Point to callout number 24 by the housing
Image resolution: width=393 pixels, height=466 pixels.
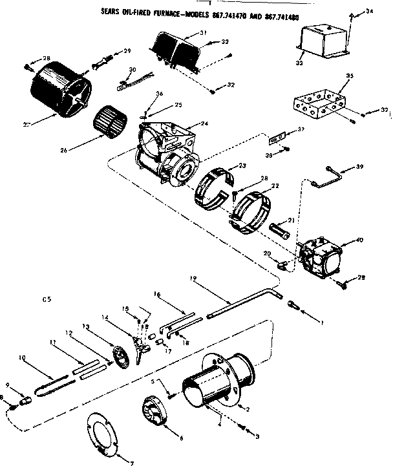204,123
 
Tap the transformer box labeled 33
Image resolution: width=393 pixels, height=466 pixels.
321,38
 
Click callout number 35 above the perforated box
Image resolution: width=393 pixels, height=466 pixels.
350,76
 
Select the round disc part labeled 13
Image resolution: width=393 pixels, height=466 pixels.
118,357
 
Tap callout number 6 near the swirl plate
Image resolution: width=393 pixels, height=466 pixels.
181,438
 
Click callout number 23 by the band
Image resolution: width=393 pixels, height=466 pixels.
242,165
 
